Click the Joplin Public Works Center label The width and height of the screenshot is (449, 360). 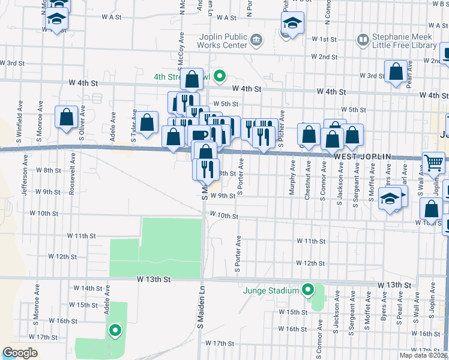pos(223,41)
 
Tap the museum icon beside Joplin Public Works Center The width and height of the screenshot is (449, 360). pos(256,40)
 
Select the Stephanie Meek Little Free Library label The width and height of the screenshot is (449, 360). pos(404,41)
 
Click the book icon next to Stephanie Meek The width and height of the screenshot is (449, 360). pos(363,40)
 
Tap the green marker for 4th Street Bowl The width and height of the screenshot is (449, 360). pos(220,76)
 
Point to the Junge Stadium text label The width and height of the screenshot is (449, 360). pos(271,291)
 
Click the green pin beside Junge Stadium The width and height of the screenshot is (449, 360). pos(308,291)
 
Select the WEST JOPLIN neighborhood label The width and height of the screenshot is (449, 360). pos(362,157)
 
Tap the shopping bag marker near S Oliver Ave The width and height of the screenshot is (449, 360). pos(66,116)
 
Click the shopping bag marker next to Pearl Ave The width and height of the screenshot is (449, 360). pos(396,73)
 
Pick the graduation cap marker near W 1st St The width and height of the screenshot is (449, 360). pos(292,25)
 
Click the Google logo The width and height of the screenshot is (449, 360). pos(20,353)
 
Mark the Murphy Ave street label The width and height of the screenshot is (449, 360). pos(293,175)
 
